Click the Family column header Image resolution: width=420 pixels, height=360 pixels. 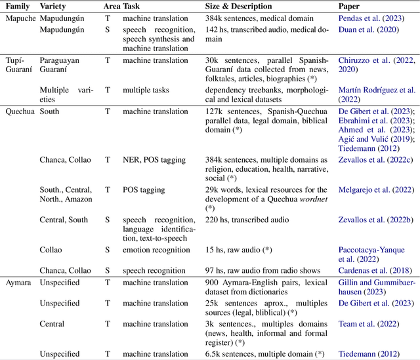(19, 6)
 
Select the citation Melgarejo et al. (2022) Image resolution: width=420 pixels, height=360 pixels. (375, 190)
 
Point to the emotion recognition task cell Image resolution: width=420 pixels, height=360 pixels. (156, 250)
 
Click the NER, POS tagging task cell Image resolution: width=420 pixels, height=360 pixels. (154, 160)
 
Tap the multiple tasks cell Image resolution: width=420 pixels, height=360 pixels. (146, 90)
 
